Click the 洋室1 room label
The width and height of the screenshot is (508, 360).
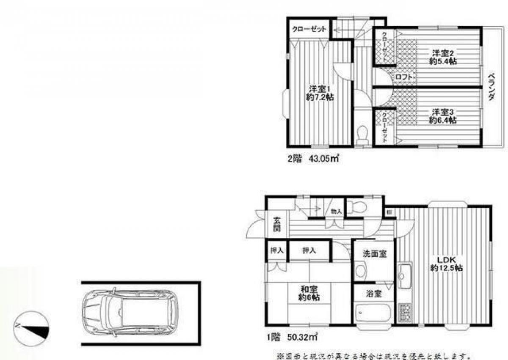(320, 93)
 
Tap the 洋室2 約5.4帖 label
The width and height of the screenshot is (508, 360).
(443, 57)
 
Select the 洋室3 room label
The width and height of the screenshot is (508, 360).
(443, 116)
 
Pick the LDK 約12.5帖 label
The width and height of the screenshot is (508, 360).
(446, 264)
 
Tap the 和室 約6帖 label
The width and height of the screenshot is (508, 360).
(309, 293)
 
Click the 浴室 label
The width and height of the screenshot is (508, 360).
(374, 293)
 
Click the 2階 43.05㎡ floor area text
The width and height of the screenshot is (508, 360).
(313, 159)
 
